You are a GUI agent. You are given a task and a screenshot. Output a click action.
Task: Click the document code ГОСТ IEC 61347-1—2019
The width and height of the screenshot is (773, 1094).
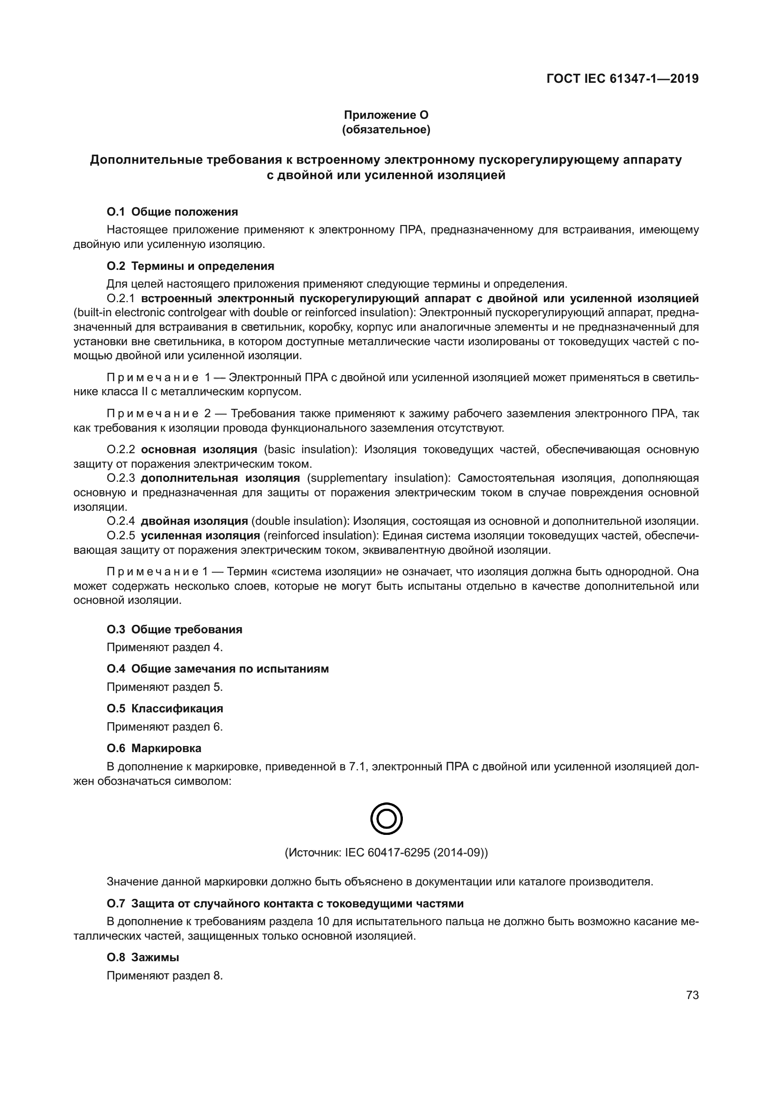point(622,79)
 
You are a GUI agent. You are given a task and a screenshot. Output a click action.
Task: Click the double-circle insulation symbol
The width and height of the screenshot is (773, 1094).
point(386,819)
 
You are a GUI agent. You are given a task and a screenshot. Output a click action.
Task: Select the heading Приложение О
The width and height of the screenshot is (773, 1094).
point(386,115)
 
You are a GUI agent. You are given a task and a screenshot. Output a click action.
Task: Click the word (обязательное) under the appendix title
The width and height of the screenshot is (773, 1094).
point(386,130)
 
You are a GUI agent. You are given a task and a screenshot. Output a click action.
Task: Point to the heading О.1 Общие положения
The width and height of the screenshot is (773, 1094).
point(172,211)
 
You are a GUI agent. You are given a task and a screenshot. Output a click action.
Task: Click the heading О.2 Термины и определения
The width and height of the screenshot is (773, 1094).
point(190,266)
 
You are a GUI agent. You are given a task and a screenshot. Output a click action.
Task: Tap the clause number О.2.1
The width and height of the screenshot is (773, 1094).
point(121,299)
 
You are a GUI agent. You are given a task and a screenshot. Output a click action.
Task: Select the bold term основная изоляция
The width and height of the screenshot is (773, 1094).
point(199,449)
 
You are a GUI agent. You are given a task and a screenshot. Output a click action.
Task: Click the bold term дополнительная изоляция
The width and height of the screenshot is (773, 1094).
point(221,478)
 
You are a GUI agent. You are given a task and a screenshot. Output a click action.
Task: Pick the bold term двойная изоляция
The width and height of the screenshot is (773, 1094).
point(194,521)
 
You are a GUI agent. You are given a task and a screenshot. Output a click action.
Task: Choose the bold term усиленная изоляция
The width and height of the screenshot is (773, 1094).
point(200,536)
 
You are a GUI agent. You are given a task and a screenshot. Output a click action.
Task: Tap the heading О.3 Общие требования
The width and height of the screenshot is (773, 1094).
point(174,630)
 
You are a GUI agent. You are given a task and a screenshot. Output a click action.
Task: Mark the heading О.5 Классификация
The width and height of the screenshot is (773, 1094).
point(165,708)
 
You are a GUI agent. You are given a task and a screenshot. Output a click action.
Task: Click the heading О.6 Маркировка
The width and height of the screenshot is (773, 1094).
point(154,748)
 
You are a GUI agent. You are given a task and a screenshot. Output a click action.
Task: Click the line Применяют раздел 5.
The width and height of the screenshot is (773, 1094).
point(165,687)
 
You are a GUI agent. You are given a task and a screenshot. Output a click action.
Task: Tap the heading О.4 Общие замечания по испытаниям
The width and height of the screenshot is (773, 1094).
point(217,668)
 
